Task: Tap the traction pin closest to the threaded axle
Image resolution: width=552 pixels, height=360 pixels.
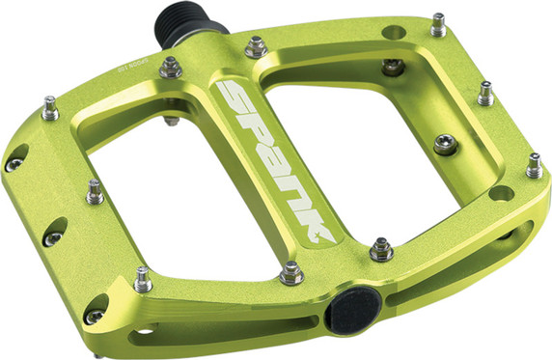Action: (x=256, y=45)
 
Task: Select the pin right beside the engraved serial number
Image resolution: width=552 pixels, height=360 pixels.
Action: (x=171, y=67)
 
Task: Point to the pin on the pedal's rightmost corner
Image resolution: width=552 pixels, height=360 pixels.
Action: (x=533, y=166)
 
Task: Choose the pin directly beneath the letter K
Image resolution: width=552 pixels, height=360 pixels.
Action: (x=290, y=274)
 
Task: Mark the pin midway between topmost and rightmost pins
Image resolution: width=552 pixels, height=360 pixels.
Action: (x=484, y=94)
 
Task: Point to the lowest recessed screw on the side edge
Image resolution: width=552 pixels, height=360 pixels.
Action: (x=94, y=316)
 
